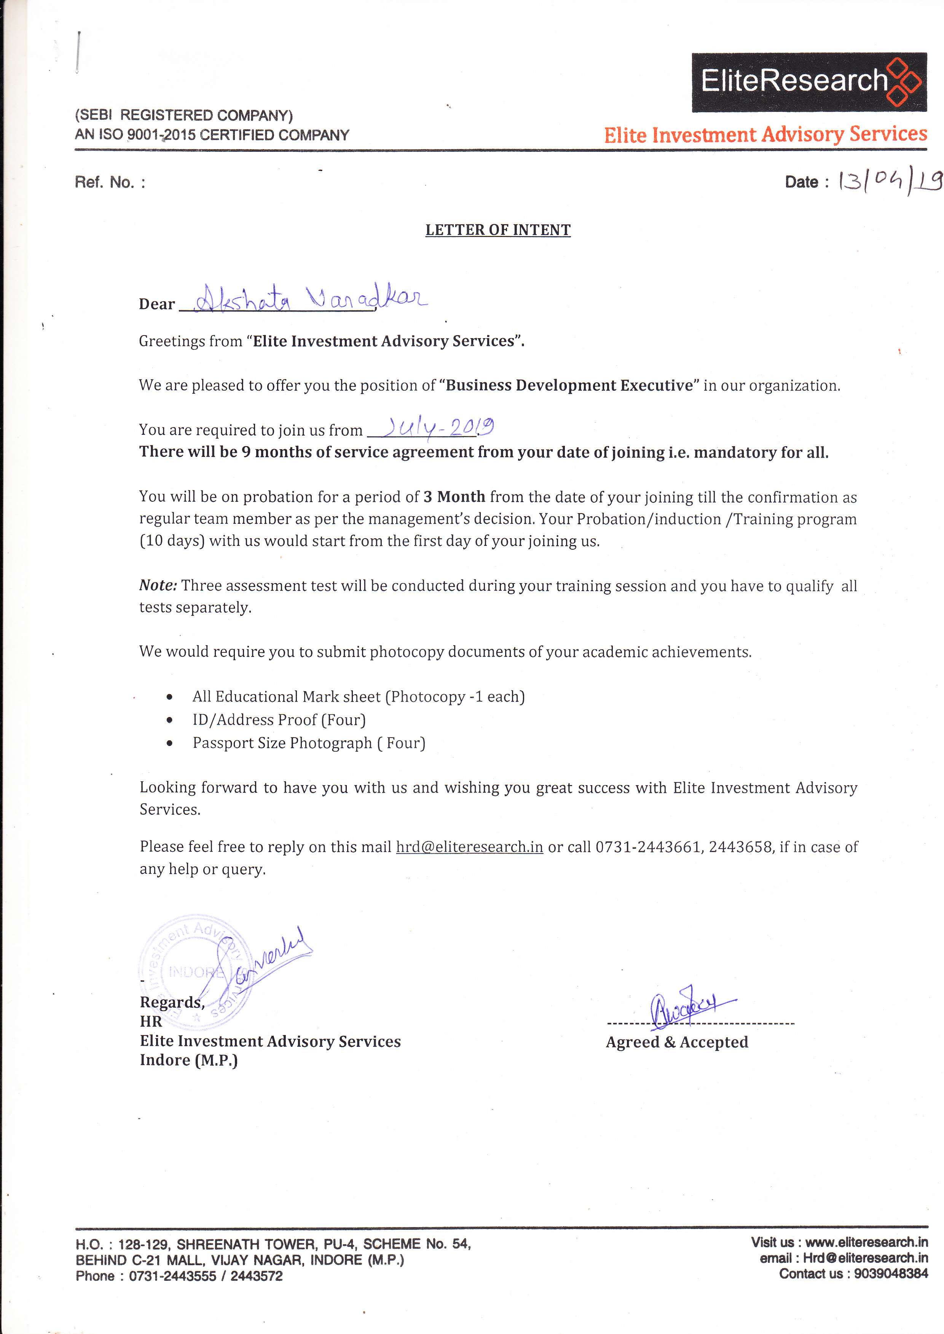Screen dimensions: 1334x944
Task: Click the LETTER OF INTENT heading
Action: click(x=498, y=230)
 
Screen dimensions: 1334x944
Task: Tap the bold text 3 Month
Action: click(x=454, y=497)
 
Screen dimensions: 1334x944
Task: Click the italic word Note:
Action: click(x=158, y=585)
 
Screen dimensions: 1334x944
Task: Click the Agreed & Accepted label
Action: click(x=677, y=1042)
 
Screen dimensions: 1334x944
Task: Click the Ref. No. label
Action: click(x=110, y=183)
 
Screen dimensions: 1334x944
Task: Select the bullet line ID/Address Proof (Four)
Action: click(x=279, y=720)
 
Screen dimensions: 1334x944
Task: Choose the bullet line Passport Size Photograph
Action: click(x=309, y=743)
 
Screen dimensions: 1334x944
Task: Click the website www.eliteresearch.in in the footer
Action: click(x=866, y=1242)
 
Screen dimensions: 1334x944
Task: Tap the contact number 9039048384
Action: click(x=891, y=1274)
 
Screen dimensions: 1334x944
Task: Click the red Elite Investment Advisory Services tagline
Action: click(x=765, y=135)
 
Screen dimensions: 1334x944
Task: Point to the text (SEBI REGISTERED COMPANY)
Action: click(x=184, y=115)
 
